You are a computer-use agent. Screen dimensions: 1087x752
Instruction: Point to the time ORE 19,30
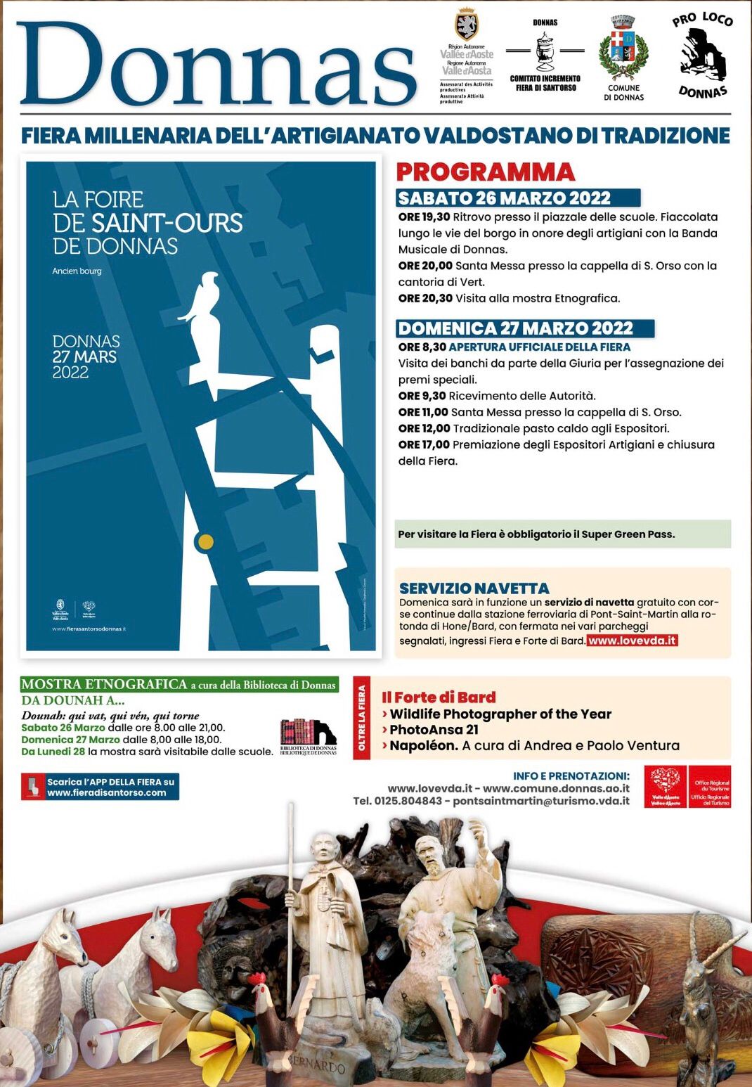(424, 217)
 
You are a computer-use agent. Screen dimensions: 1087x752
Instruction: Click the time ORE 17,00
(424, 445)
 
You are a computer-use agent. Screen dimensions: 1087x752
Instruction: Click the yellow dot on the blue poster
(205, 542)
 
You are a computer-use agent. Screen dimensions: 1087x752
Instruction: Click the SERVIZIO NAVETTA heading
(474, 588)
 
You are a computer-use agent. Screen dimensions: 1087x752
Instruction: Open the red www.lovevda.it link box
(632, 641)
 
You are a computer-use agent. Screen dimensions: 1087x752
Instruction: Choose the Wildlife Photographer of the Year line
(500, 714)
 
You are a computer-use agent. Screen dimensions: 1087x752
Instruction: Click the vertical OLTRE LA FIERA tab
(362, 718)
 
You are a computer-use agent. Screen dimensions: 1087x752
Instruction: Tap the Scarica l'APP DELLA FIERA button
(101, 787)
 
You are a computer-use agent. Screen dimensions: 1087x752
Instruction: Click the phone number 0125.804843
(408, 802)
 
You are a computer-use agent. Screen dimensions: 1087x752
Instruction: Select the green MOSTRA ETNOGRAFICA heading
(104, 684)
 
